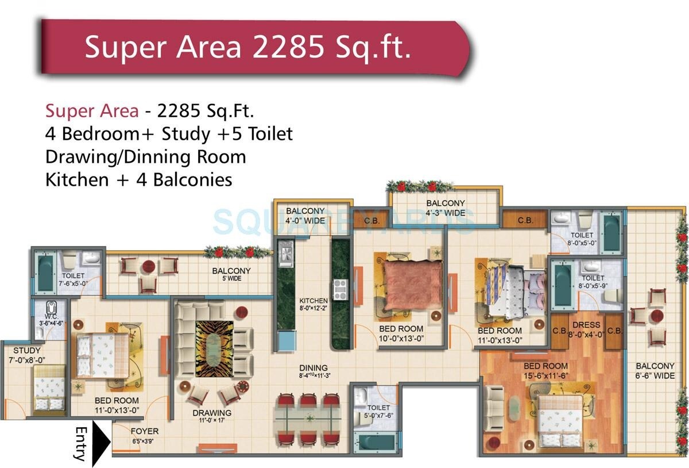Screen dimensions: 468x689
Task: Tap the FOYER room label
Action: click(144, 431)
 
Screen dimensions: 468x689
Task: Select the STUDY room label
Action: click(27, 351)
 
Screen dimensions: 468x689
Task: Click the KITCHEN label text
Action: click(313, 301)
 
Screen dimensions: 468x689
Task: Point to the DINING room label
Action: click(313, 368)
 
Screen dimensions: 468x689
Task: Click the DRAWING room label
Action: click(212, 413)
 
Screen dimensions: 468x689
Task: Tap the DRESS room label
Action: click(586, 325)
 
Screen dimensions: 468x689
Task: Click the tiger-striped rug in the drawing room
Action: click(214, 348)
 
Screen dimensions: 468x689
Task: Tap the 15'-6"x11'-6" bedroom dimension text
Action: click(545, 375)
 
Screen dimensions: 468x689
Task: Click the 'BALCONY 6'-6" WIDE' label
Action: click(655, 371)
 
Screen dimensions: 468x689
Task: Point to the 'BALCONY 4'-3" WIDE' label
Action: click(446, 208)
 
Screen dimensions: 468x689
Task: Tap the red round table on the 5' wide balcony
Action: click(149, 267)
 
